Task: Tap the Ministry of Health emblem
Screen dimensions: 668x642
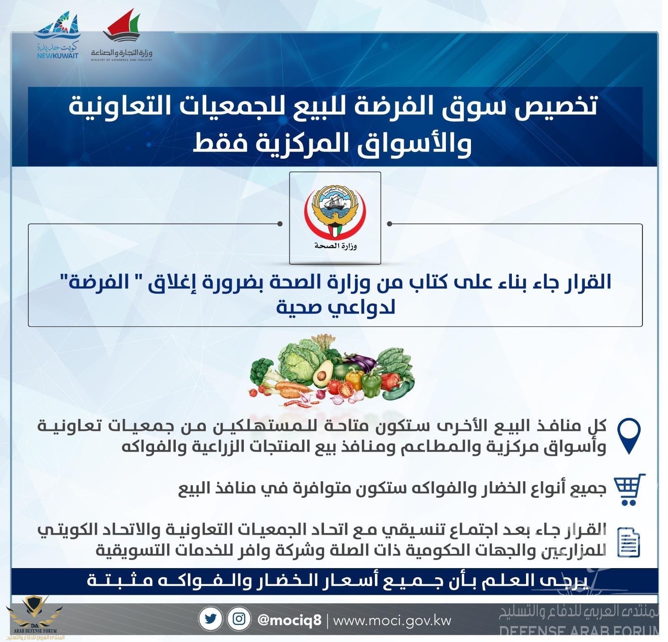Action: point(335,217)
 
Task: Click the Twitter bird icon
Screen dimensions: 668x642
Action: point(210,619)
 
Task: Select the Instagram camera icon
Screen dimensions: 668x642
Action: point(239,619)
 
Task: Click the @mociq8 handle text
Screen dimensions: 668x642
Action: point(290,620)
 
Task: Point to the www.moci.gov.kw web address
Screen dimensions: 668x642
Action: point(392,620)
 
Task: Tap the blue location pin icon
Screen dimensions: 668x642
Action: point(629,436)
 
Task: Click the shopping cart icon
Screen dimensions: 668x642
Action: point(630,490)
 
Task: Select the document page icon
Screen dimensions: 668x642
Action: point(629,542)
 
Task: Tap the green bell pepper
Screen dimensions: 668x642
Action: point(371,384)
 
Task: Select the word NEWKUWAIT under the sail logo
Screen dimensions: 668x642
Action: point(57,56)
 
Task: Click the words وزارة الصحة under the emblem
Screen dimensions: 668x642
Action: point(335,245)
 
